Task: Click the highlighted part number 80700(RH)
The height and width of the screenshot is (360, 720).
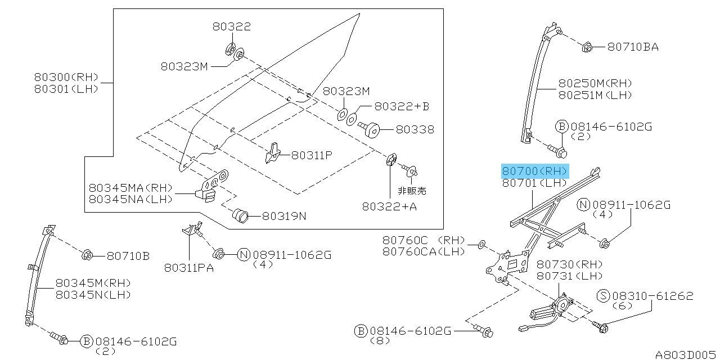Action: pos(535,171)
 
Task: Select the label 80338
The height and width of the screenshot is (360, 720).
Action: pos(415,129)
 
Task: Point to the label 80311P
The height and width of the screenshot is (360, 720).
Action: pos(311,155)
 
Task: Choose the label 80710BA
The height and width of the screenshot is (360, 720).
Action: pos(633,47)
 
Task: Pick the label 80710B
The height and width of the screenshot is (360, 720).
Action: pos(128,256)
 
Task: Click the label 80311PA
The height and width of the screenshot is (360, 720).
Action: pos(189,268)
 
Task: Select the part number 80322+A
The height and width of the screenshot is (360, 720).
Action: pos(389,206)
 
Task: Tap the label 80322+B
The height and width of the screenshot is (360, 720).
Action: pos(401,106)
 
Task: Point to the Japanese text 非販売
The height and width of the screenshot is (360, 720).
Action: pos(412,191)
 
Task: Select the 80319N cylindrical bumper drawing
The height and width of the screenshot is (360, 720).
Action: pos(241,215)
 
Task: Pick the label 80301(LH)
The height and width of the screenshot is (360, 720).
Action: pos(66,88)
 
